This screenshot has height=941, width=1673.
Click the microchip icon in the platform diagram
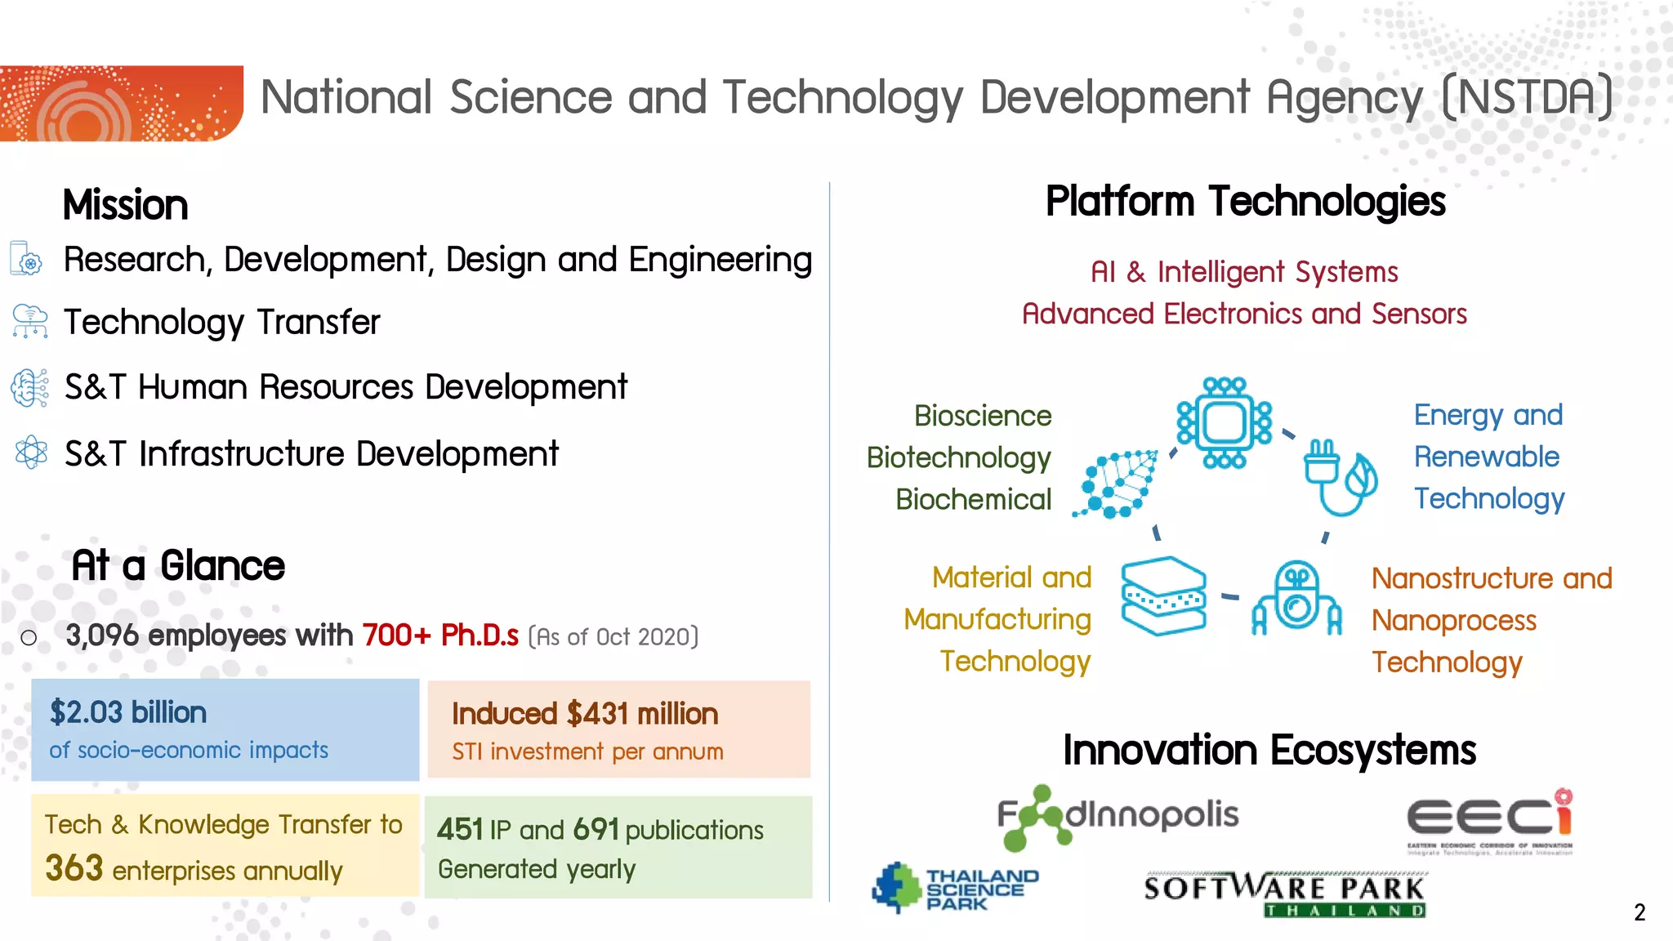tap(1224, 422)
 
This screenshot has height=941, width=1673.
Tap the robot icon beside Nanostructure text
tap(1296, 599)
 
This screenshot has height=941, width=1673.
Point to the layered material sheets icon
tap(1163, 596)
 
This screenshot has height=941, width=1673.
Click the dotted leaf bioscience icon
tap(1117, 484)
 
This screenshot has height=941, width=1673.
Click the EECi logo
tap(1489, 820)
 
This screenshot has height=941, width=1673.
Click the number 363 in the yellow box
tap(74, 868)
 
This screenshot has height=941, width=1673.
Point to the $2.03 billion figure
tap(127, 712)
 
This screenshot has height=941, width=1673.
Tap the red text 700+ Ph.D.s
tap(440, 636)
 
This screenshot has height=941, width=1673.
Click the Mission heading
tap(126, 205)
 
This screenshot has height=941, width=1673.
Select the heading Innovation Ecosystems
tap(1269, 750)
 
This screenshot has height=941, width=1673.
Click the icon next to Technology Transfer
tap(30, 321)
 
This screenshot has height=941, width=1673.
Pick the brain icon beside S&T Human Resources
tap(30, 387)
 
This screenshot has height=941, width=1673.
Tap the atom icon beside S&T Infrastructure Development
tap(31, 452)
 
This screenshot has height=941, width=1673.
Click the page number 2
tap(1639, 912)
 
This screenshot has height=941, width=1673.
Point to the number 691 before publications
tap(596, 830)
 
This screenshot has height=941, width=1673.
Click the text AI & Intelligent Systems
tap(1244, 272)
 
